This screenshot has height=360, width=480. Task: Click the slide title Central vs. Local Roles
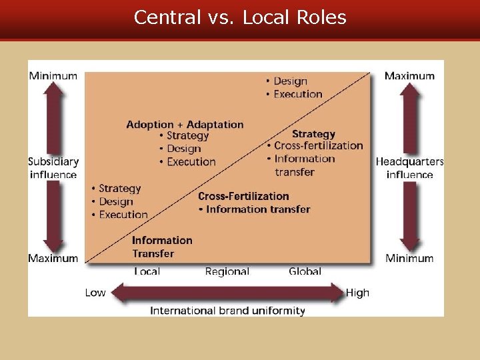(240, 17)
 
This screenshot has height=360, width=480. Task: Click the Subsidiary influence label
(53, 168)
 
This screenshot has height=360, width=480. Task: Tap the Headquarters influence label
(409, 168)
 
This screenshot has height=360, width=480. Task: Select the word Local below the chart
(147, 271)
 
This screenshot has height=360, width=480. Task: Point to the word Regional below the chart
(227, 271)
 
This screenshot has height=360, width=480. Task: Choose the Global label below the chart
(305, 271)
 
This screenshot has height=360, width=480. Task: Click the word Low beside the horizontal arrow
(95, 293)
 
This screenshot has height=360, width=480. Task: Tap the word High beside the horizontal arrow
(357, 293)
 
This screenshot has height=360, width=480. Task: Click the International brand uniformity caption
(227, 311)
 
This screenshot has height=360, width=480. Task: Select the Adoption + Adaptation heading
(185, 125)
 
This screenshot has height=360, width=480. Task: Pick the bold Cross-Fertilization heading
(243, 196)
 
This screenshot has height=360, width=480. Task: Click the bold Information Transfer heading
(162, 247)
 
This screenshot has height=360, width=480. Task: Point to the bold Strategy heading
(313, 134)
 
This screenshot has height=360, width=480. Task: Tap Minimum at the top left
(53, 75)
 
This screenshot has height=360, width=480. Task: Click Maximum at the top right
(409, 75)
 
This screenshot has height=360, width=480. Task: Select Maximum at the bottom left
(53, 258)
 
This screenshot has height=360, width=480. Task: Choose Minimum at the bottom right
(409, 258)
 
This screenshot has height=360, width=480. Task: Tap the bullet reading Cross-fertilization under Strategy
(318, 146)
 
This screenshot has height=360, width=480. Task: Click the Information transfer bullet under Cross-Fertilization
(258, 209)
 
